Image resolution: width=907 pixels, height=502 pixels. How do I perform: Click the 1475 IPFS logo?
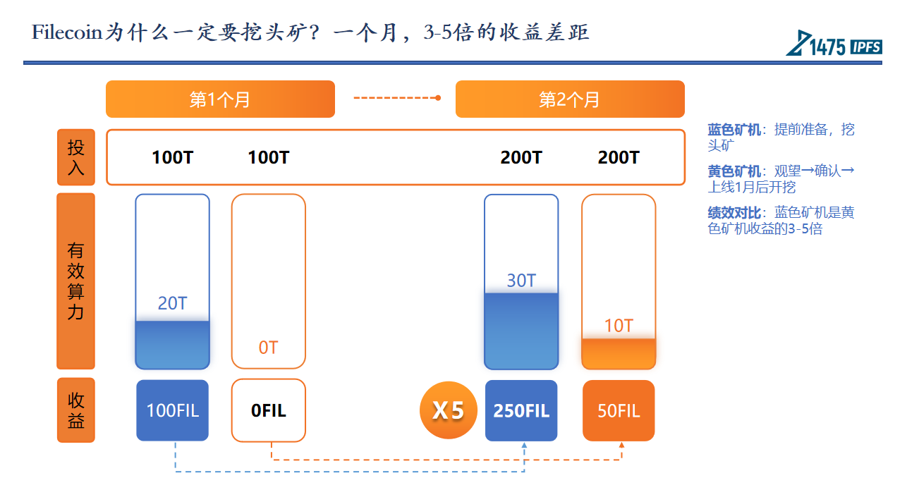[x=834, y=43]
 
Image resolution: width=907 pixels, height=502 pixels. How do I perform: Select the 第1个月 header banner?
[x=220, y=99]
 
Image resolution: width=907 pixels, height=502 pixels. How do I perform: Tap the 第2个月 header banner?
[x=570, y=99]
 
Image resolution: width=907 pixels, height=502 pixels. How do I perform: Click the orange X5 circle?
[x=449, y=410]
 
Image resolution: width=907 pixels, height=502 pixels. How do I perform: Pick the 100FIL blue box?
[x=173, y=410]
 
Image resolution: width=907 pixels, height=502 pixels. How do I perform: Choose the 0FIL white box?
[x=269, y=410]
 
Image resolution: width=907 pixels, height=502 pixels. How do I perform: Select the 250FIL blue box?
[x=521, y=410]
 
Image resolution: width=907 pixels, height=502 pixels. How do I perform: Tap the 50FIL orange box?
[x=619, y=410]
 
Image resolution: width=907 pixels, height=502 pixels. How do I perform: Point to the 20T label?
[x=173, y=303]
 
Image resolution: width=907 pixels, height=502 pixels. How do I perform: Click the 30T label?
[x=521, y=281]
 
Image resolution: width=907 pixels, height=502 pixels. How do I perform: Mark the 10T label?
[x=619, y=326]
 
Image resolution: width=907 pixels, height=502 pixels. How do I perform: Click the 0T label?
[x=269, y=348]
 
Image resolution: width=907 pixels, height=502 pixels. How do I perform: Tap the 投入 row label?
[x=76, y=157]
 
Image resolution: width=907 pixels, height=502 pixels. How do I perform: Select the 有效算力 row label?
[x=76, y=281]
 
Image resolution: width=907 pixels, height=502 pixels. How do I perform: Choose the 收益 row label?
[x=76, y=410]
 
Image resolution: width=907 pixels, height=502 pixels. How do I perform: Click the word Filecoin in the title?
[x=67, y=32]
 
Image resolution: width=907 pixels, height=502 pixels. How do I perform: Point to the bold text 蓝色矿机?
[x=734, y=130]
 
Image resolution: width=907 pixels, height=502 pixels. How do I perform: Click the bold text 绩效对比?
[x=734, y=212]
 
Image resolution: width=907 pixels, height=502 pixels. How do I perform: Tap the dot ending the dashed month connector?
[x=438, y=98]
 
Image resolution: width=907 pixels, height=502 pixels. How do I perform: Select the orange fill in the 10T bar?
[x=619, y=353]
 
